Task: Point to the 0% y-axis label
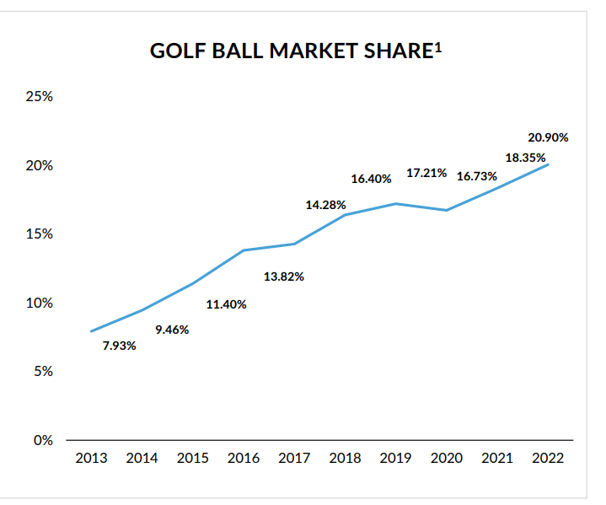pyautogui.click(x=43, y=440)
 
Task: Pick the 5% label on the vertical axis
pyautogui.click(x=43, y=371)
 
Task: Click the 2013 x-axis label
pyautogui.click(x=91, y=459)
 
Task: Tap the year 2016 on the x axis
pyautogui.click(x=244, y=459)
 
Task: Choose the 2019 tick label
pyautogui.click(x=396, y=459)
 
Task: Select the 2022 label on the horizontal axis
pyautogui.click(x=548, y=459)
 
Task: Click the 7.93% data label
pyautogui.click(x=120, y=346)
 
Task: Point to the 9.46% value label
pyautogui.click(x=172, y=330)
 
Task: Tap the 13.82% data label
pyautogui.click(x=284, y=277)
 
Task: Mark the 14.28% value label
pyautogui.click(x=325, y=205)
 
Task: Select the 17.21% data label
pyautogui.click(x=426, y=173)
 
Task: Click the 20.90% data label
pyautogui.click(x=549, y=137)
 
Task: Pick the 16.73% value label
pyautogui.click(x=477, y=176)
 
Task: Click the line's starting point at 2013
pyautogui.click(x=91, y=331)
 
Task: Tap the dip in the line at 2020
pyautogui.click(x=447, y=210)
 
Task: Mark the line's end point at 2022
pyautogui.click(x=549, y=164)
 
